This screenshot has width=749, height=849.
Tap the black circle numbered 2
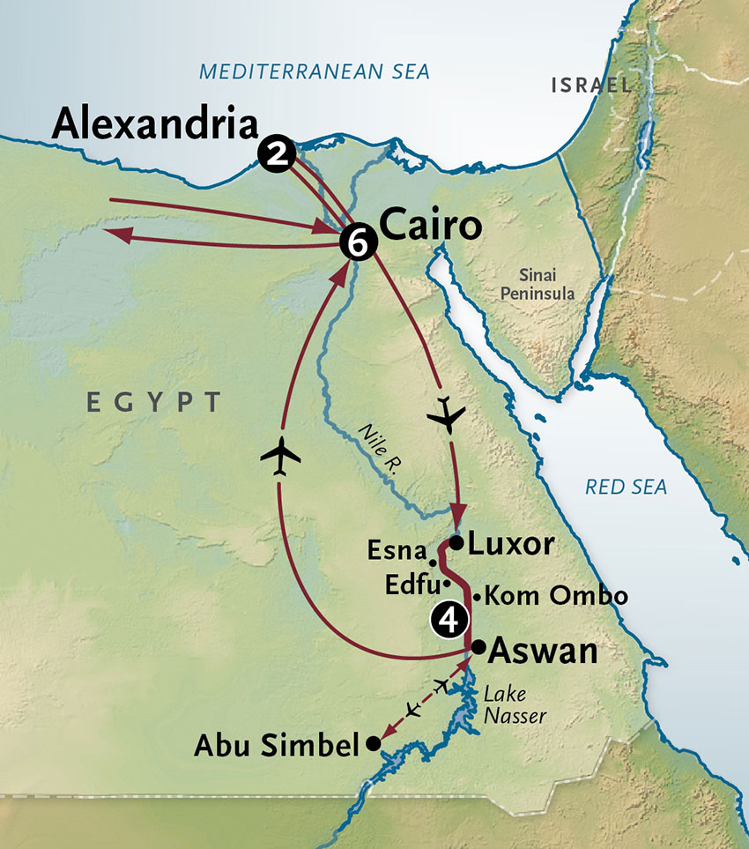pos(276,155)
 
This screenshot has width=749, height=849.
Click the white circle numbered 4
pos(448,620)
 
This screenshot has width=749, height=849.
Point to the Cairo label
pos(432,227)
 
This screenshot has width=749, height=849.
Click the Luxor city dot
pos(456,541)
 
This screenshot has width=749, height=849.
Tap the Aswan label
pos(543,652)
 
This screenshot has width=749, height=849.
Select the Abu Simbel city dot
pos(373,744)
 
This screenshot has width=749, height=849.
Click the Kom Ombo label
pos(557,597)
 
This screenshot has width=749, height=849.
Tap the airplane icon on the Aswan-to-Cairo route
pos(281,456)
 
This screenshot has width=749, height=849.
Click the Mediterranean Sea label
pos(315,71)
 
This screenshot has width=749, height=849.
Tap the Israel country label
pos(590,86)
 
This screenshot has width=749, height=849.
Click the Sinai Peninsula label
pos(538,284)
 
